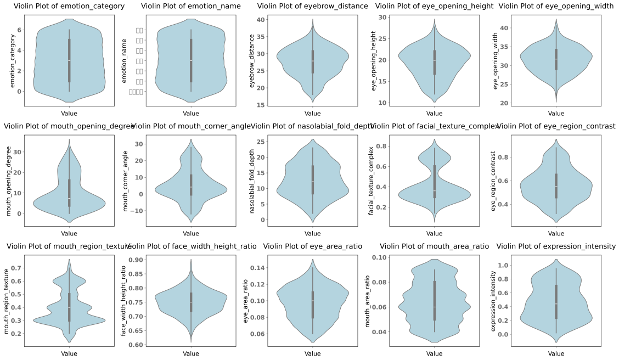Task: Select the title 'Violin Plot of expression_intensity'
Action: click(556, 246)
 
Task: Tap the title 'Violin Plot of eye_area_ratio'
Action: click(312, 246)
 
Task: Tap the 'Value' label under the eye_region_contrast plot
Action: click(556, 233)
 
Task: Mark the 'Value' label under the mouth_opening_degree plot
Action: click(69, 233)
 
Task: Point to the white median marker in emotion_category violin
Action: click(69, 60)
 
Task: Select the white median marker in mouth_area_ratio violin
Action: click(434, 307)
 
